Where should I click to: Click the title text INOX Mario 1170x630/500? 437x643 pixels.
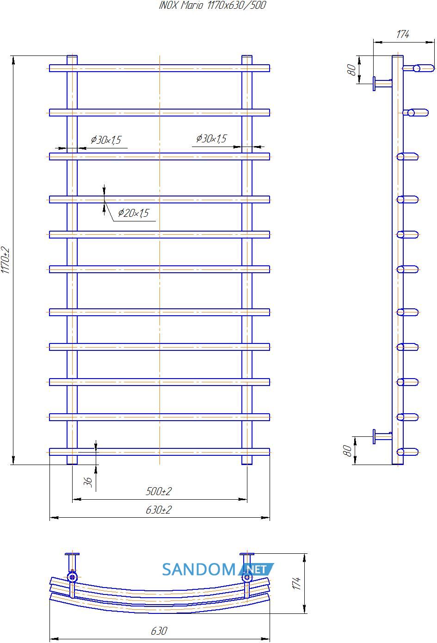(212, 5)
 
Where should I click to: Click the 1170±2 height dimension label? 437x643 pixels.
(6, 260)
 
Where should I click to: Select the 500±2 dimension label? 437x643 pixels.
(159, 491)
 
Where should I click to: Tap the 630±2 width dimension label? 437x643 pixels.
(159, 510)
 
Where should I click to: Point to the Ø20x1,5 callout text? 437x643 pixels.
(134, 213)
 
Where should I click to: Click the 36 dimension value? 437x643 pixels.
(87, 482)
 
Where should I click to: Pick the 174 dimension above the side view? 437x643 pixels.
(402, 34)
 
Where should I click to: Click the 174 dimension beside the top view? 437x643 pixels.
(296, 583)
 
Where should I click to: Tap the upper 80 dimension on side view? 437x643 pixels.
(351, 70)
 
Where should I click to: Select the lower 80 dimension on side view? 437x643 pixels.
(347, 451)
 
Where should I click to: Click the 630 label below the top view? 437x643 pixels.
(159, 631)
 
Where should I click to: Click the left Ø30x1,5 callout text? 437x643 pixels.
(106, 140)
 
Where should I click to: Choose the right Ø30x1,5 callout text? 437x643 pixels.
(212, 138)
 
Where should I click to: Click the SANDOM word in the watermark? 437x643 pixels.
(199, 570)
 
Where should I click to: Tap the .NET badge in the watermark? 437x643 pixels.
(256, 570)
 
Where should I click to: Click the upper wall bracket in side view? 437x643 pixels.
(382, 84)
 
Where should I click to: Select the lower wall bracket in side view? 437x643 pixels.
(382, 437)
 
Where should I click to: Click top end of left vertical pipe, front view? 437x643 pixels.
(72, 56)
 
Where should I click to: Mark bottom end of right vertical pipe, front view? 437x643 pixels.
(247, 464)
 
